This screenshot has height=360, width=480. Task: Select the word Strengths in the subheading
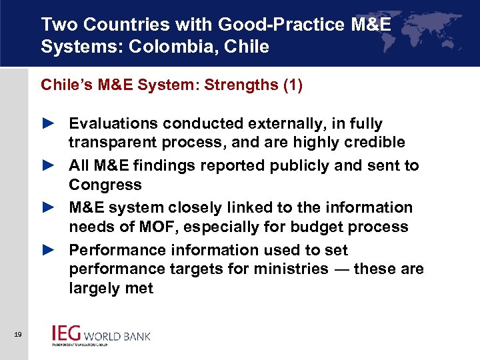click(x=237, y=85)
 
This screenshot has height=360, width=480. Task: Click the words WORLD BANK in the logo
click(x=121, y=336)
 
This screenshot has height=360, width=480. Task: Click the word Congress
click(x=105, y=185)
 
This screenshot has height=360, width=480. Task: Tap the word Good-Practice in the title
click(x=261, y=25)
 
